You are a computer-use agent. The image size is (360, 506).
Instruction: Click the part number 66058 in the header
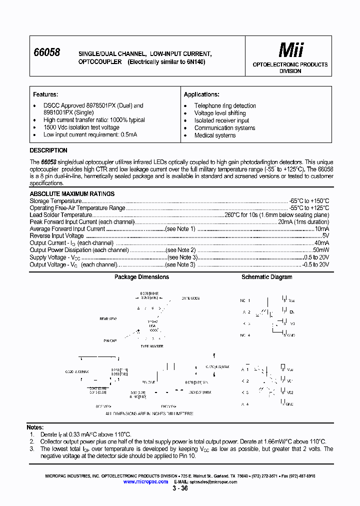(x=46, y=52)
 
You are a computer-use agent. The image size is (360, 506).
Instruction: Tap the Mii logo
(x=290, y=50)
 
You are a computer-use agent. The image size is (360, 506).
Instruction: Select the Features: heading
(x=45, y=94)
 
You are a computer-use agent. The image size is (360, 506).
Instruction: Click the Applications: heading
(x=201, y=94)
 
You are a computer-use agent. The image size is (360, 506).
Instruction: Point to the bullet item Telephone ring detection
(x=225, y=106)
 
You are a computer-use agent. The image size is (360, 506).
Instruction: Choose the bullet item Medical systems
(x=215, y=135)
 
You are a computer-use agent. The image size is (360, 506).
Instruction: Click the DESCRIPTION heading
(x=48, y=150)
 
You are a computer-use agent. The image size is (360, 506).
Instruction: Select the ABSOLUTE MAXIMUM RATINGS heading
(x=72, y=194)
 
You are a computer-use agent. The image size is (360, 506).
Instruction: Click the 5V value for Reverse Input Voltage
(x=325, y=236)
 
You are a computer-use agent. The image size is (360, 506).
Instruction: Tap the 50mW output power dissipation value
(x=320, y=250)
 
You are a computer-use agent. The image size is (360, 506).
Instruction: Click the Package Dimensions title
(x=141, y=277)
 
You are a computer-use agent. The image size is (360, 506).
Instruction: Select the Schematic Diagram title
(x=267, y=277)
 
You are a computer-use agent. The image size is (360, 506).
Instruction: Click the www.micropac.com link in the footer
(x=145, y=481)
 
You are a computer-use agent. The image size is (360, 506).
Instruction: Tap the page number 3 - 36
(x=180, y=488)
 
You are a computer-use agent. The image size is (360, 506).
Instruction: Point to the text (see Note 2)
(x=180, y=250)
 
